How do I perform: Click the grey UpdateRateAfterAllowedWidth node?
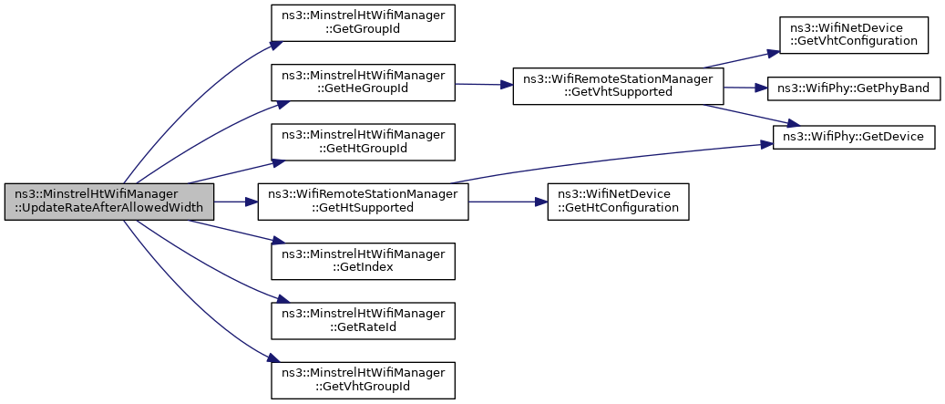[109, 202]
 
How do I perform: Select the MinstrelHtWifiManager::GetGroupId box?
[362, 23]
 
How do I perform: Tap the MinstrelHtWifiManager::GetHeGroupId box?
[362, 83]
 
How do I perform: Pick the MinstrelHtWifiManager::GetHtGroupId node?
[362, 142]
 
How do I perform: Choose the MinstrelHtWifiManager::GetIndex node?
[362, 261]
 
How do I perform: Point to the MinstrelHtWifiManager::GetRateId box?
[362, 321]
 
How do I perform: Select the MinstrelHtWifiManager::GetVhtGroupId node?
[362, 380]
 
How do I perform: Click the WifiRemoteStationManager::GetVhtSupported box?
[618, 87]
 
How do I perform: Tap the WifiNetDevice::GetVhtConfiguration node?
[853, 35]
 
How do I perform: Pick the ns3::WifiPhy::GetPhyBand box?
[853, 88]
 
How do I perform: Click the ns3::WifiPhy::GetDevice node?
[853, 137]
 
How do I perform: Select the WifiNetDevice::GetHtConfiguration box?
[618, 202]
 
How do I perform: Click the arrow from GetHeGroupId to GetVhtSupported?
[483, 85]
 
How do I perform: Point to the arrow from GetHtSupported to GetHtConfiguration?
[508, 202]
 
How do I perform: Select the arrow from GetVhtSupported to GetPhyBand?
[745, 88]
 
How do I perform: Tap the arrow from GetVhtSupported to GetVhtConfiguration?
[741, 60]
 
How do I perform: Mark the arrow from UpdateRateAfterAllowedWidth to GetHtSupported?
[236, 202]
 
